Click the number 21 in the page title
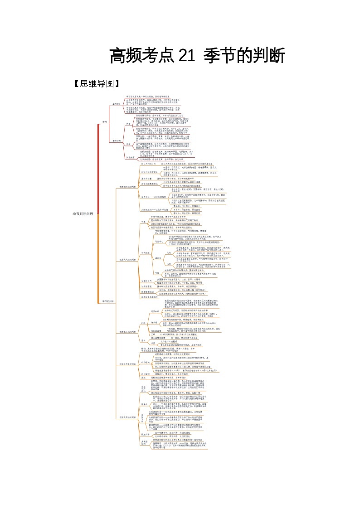184,56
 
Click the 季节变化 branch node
117,104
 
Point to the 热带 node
128,123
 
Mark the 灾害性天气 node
147,281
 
